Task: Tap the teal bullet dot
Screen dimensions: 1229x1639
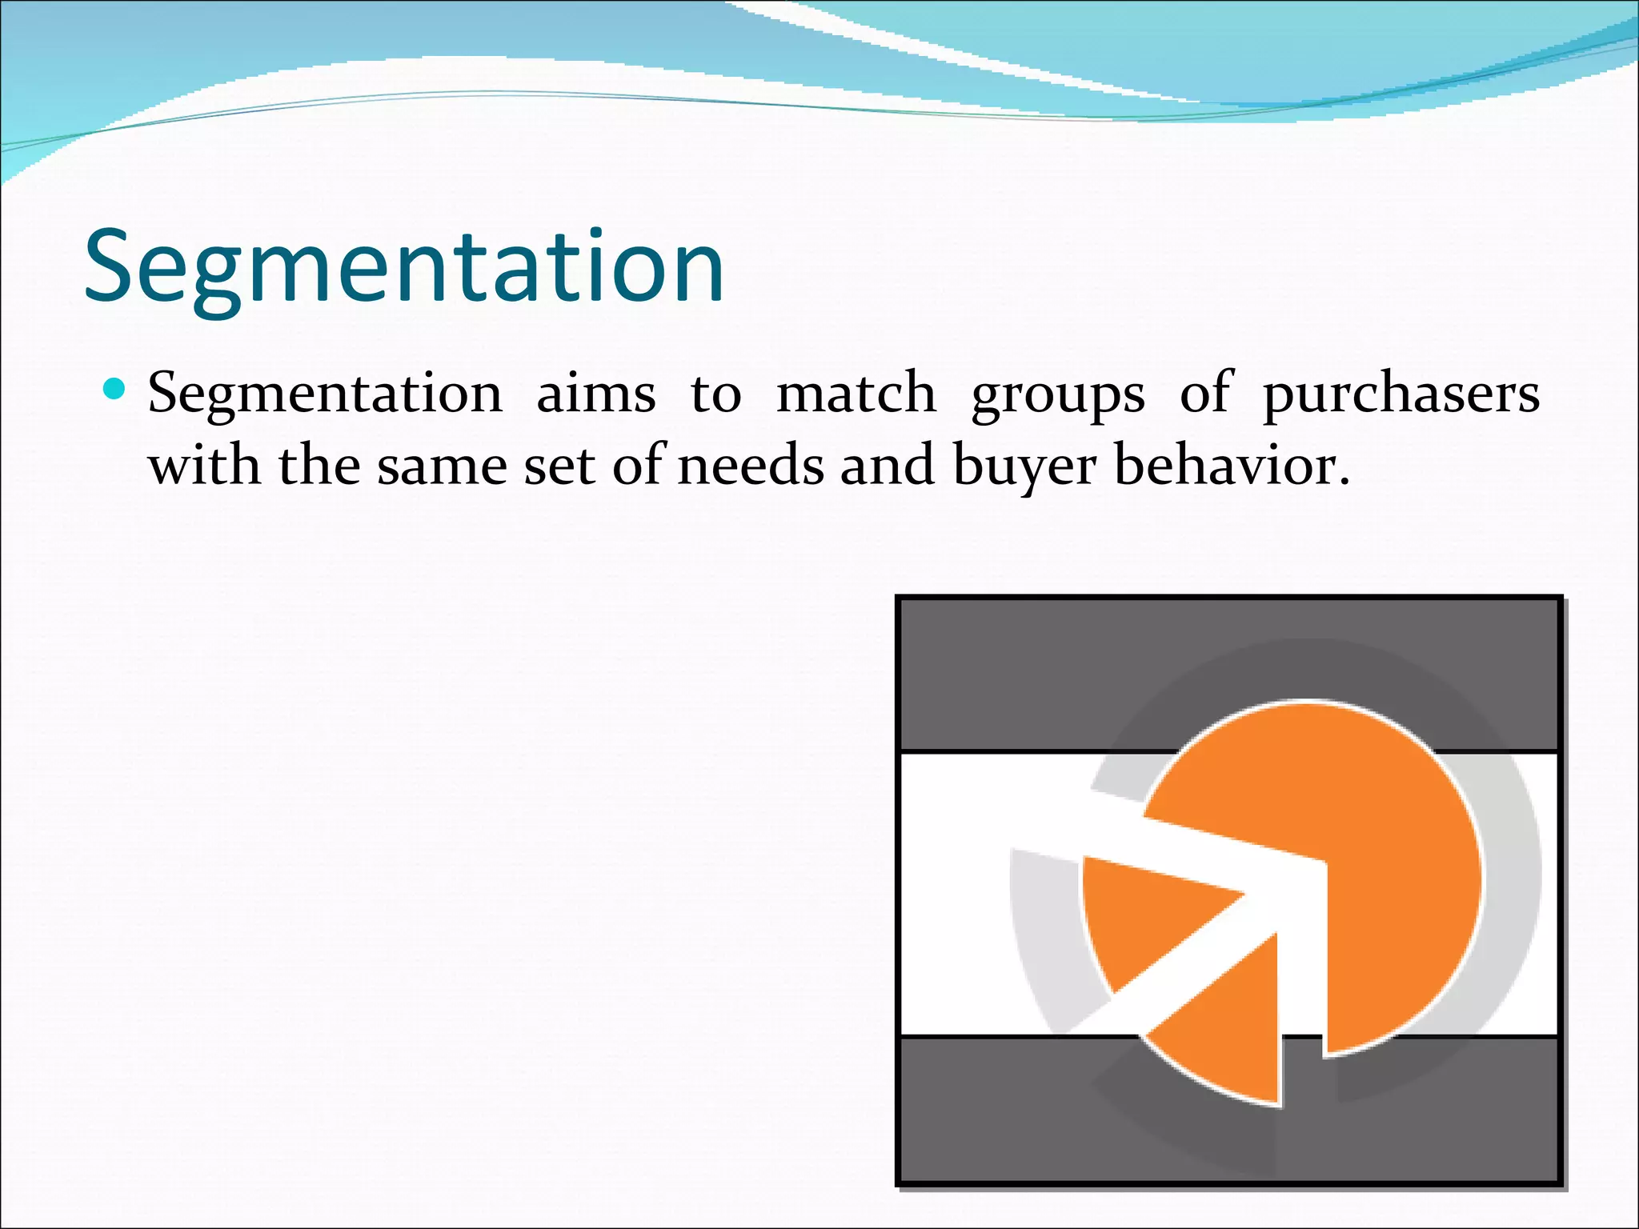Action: pos(115,390)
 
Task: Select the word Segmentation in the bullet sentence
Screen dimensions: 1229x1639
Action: pos(325,394)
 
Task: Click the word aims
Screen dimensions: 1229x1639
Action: pos(595,394)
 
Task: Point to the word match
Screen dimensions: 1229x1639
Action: pos(856,394)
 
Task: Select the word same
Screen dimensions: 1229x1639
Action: pos(443,467)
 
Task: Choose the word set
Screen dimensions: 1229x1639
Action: pos(559,467)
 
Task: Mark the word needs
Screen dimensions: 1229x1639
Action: pos(751,466)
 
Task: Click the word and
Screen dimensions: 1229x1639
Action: pos(887,466)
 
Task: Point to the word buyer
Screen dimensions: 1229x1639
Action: pos(1024,467)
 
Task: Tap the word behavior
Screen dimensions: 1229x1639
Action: pos(1232,466)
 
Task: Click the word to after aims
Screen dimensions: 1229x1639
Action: pos(715,394)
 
